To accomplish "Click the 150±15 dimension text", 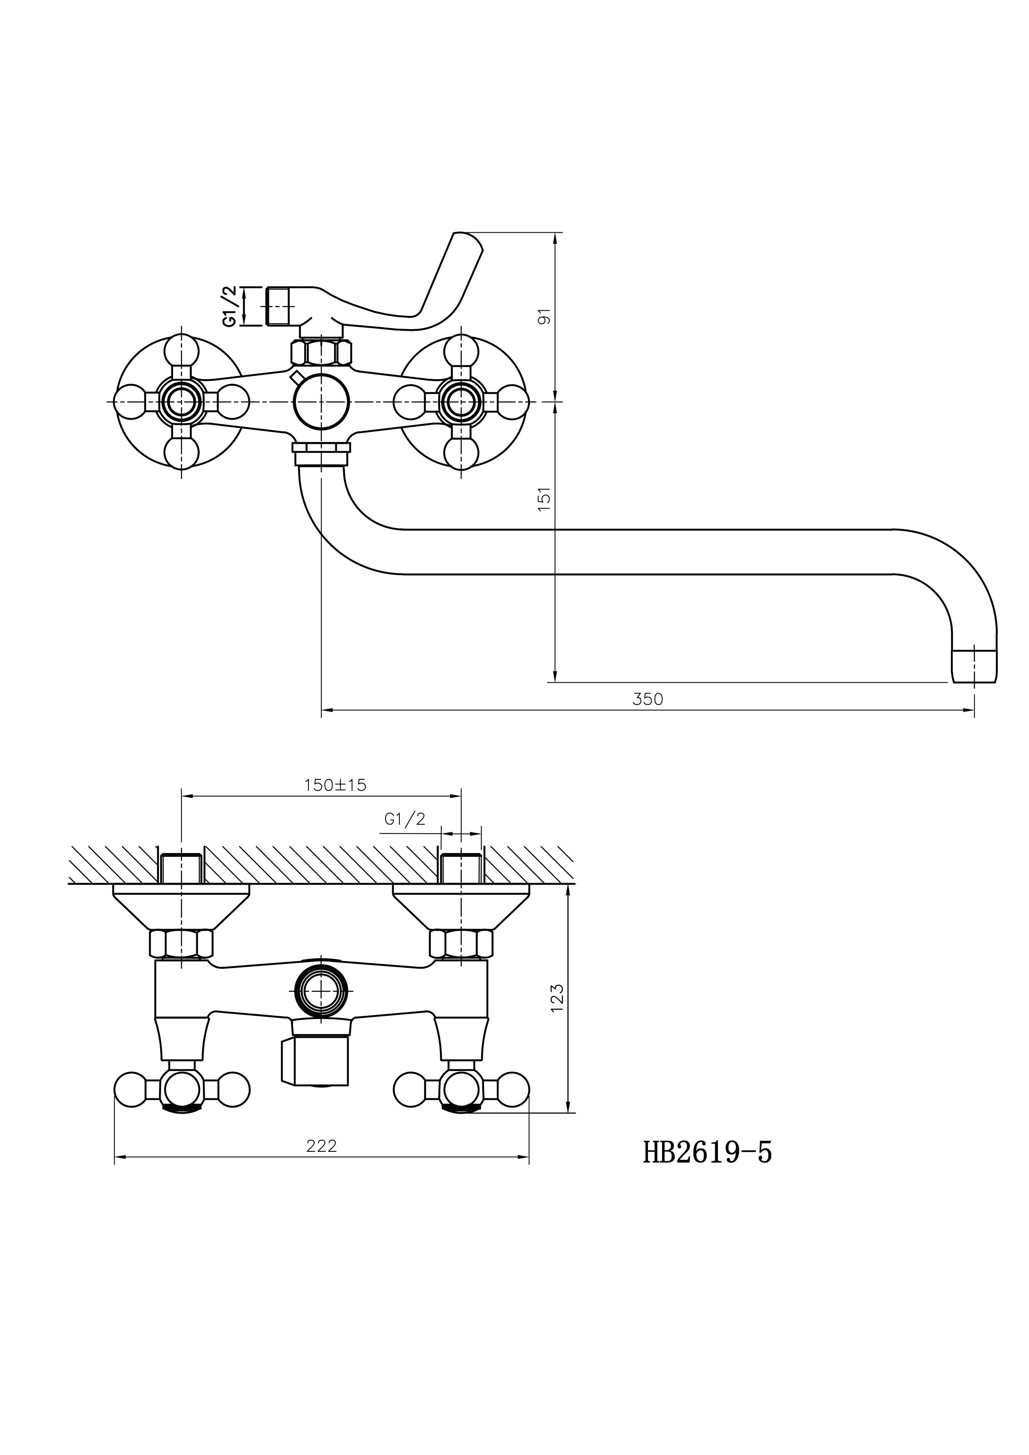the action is pyautogui.click(x=335, y=785).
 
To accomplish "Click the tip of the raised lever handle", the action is pyautogui.click(x=464, y=236).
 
